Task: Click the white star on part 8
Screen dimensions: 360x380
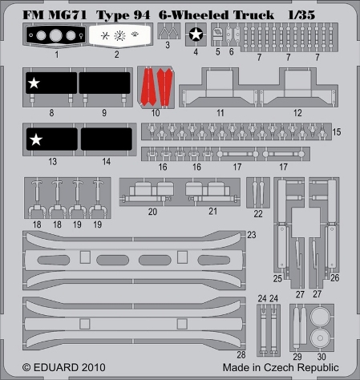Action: (x=34, y=83)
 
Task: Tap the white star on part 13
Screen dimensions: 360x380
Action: (x=36, y=139)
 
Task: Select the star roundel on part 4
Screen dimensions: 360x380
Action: (x=196, y=34)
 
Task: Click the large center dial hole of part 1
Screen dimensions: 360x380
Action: (x=56, y=35)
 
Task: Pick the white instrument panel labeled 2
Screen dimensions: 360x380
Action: (x=119, y=35)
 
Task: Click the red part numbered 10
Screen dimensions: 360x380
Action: (x=156, y=87)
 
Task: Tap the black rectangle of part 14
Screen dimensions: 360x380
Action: (x=107, y=139)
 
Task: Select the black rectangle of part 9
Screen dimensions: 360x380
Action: (x=104, y=83)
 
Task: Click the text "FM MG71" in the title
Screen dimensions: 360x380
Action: (x=55, y=14)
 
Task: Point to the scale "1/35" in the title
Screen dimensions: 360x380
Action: (x=301, y=15)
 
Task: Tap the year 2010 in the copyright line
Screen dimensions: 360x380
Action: (x=94, y=367)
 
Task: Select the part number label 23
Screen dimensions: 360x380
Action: (x=252, y=235)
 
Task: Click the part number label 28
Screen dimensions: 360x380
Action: (x=241, y=354)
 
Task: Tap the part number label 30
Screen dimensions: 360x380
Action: (x=322, y=357)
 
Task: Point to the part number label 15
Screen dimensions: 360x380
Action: (x=337, y=131)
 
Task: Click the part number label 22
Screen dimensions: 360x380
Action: (x=258, y=214)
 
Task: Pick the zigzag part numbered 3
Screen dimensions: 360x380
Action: (x=168, y=32)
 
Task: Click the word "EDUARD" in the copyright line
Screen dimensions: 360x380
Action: (x=56, y=367)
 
